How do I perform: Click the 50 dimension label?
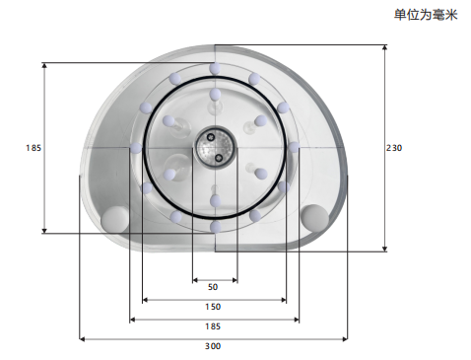[x=213, y=287]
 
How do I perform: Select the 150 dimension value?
[x=213, y=307]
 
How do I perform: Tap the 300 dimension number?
[x=213, y=346]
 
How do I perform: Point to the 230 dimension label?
[x=394, y=148]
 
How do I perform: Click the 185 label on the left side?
[x=34, y=148]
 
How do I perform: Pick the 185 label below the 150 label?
[x=213, y=326]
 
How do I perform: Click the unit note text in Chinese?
[x=426, y=15]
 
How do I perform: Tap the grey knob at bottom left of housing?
[x=114, y=219]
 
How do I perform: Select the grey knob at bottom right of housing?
[x=314, y=217]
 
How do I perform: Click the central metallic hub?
[x=215, y=145]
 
